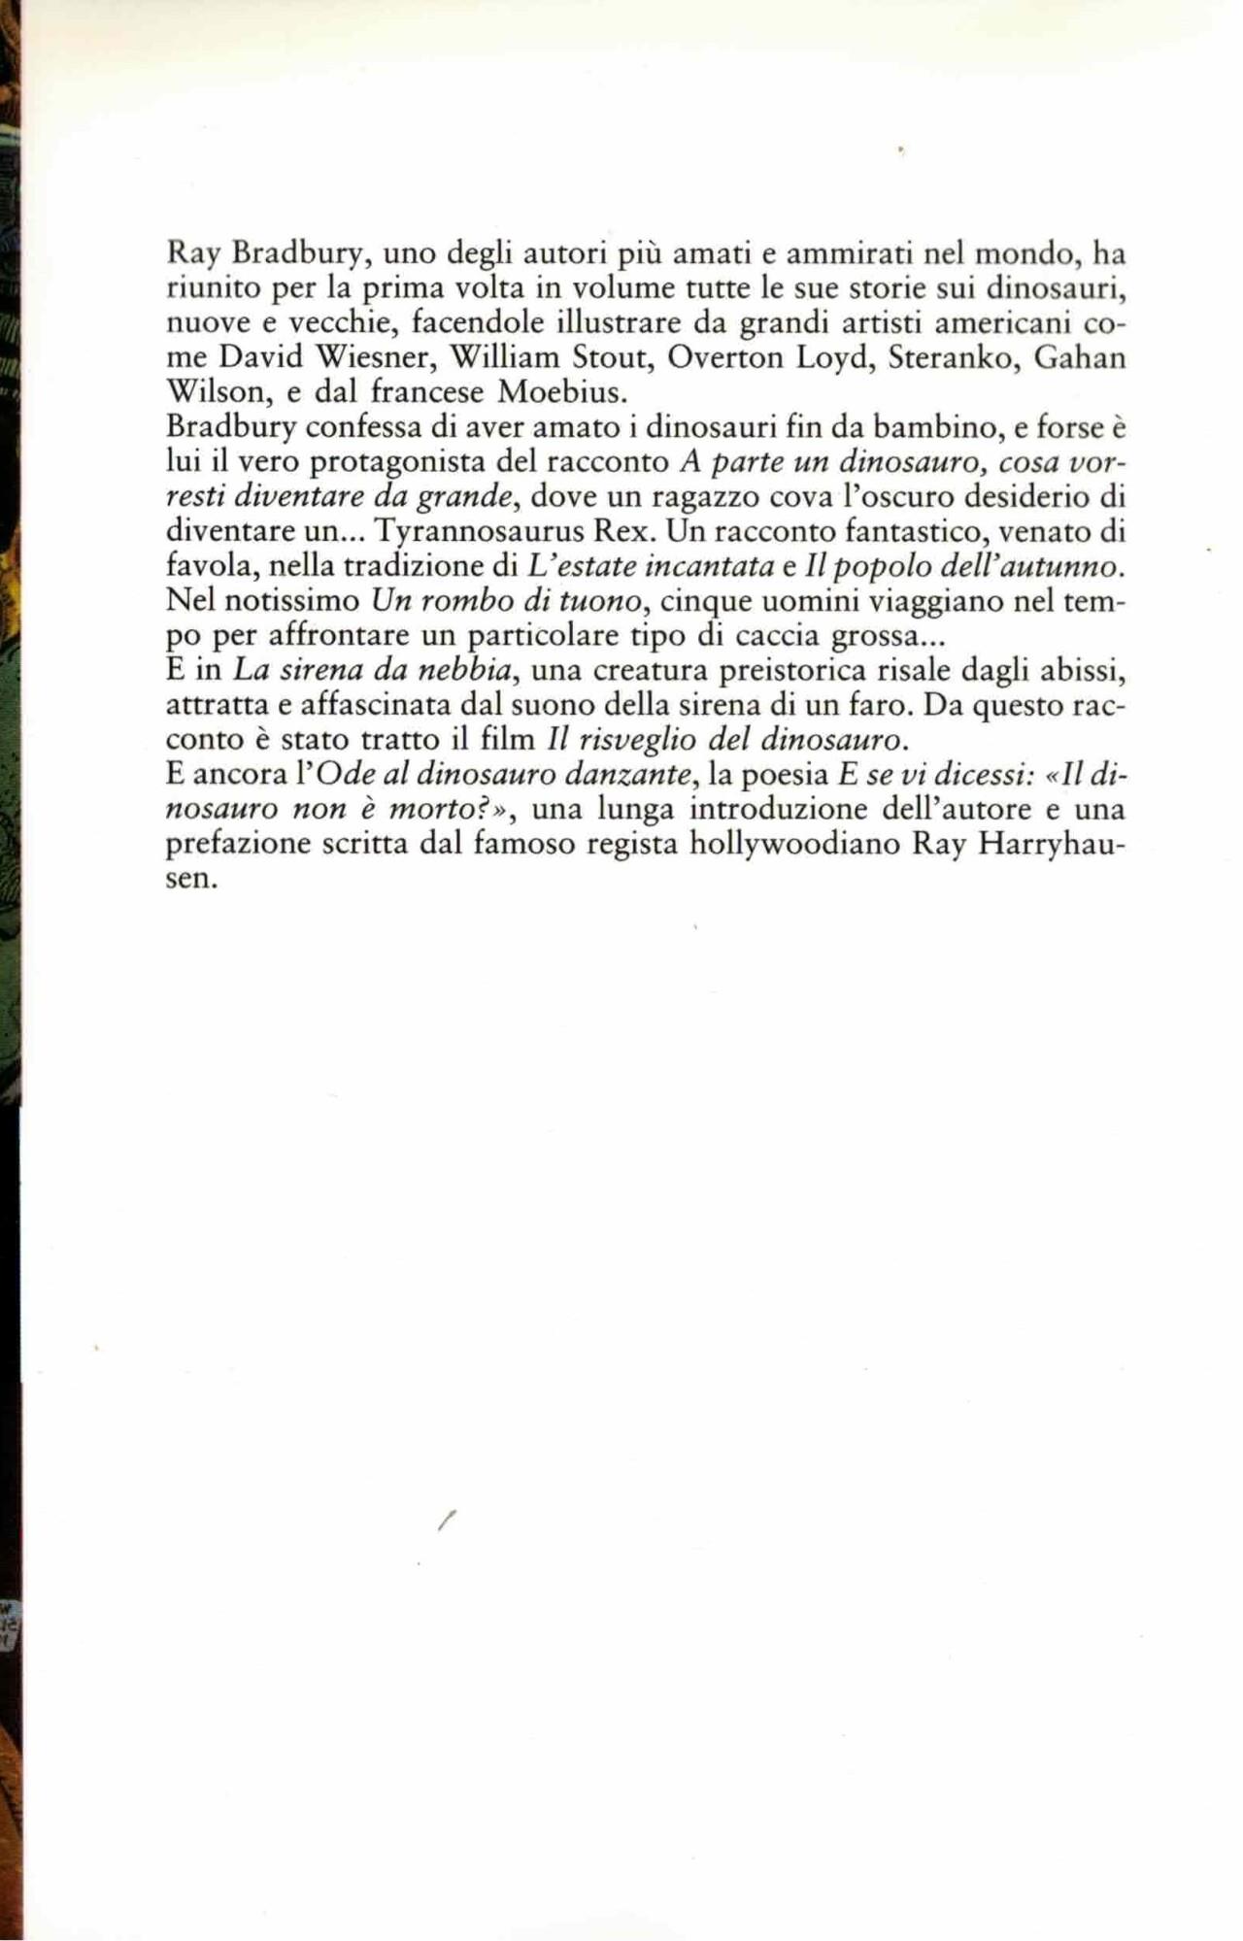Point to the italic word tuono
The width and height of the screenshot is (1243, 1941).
tap(604, 601)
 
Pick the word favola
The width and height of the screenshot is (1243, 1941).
tap(208, 566)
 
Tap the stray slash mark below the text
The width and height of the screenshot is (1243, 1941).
tap(447, 1523)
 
